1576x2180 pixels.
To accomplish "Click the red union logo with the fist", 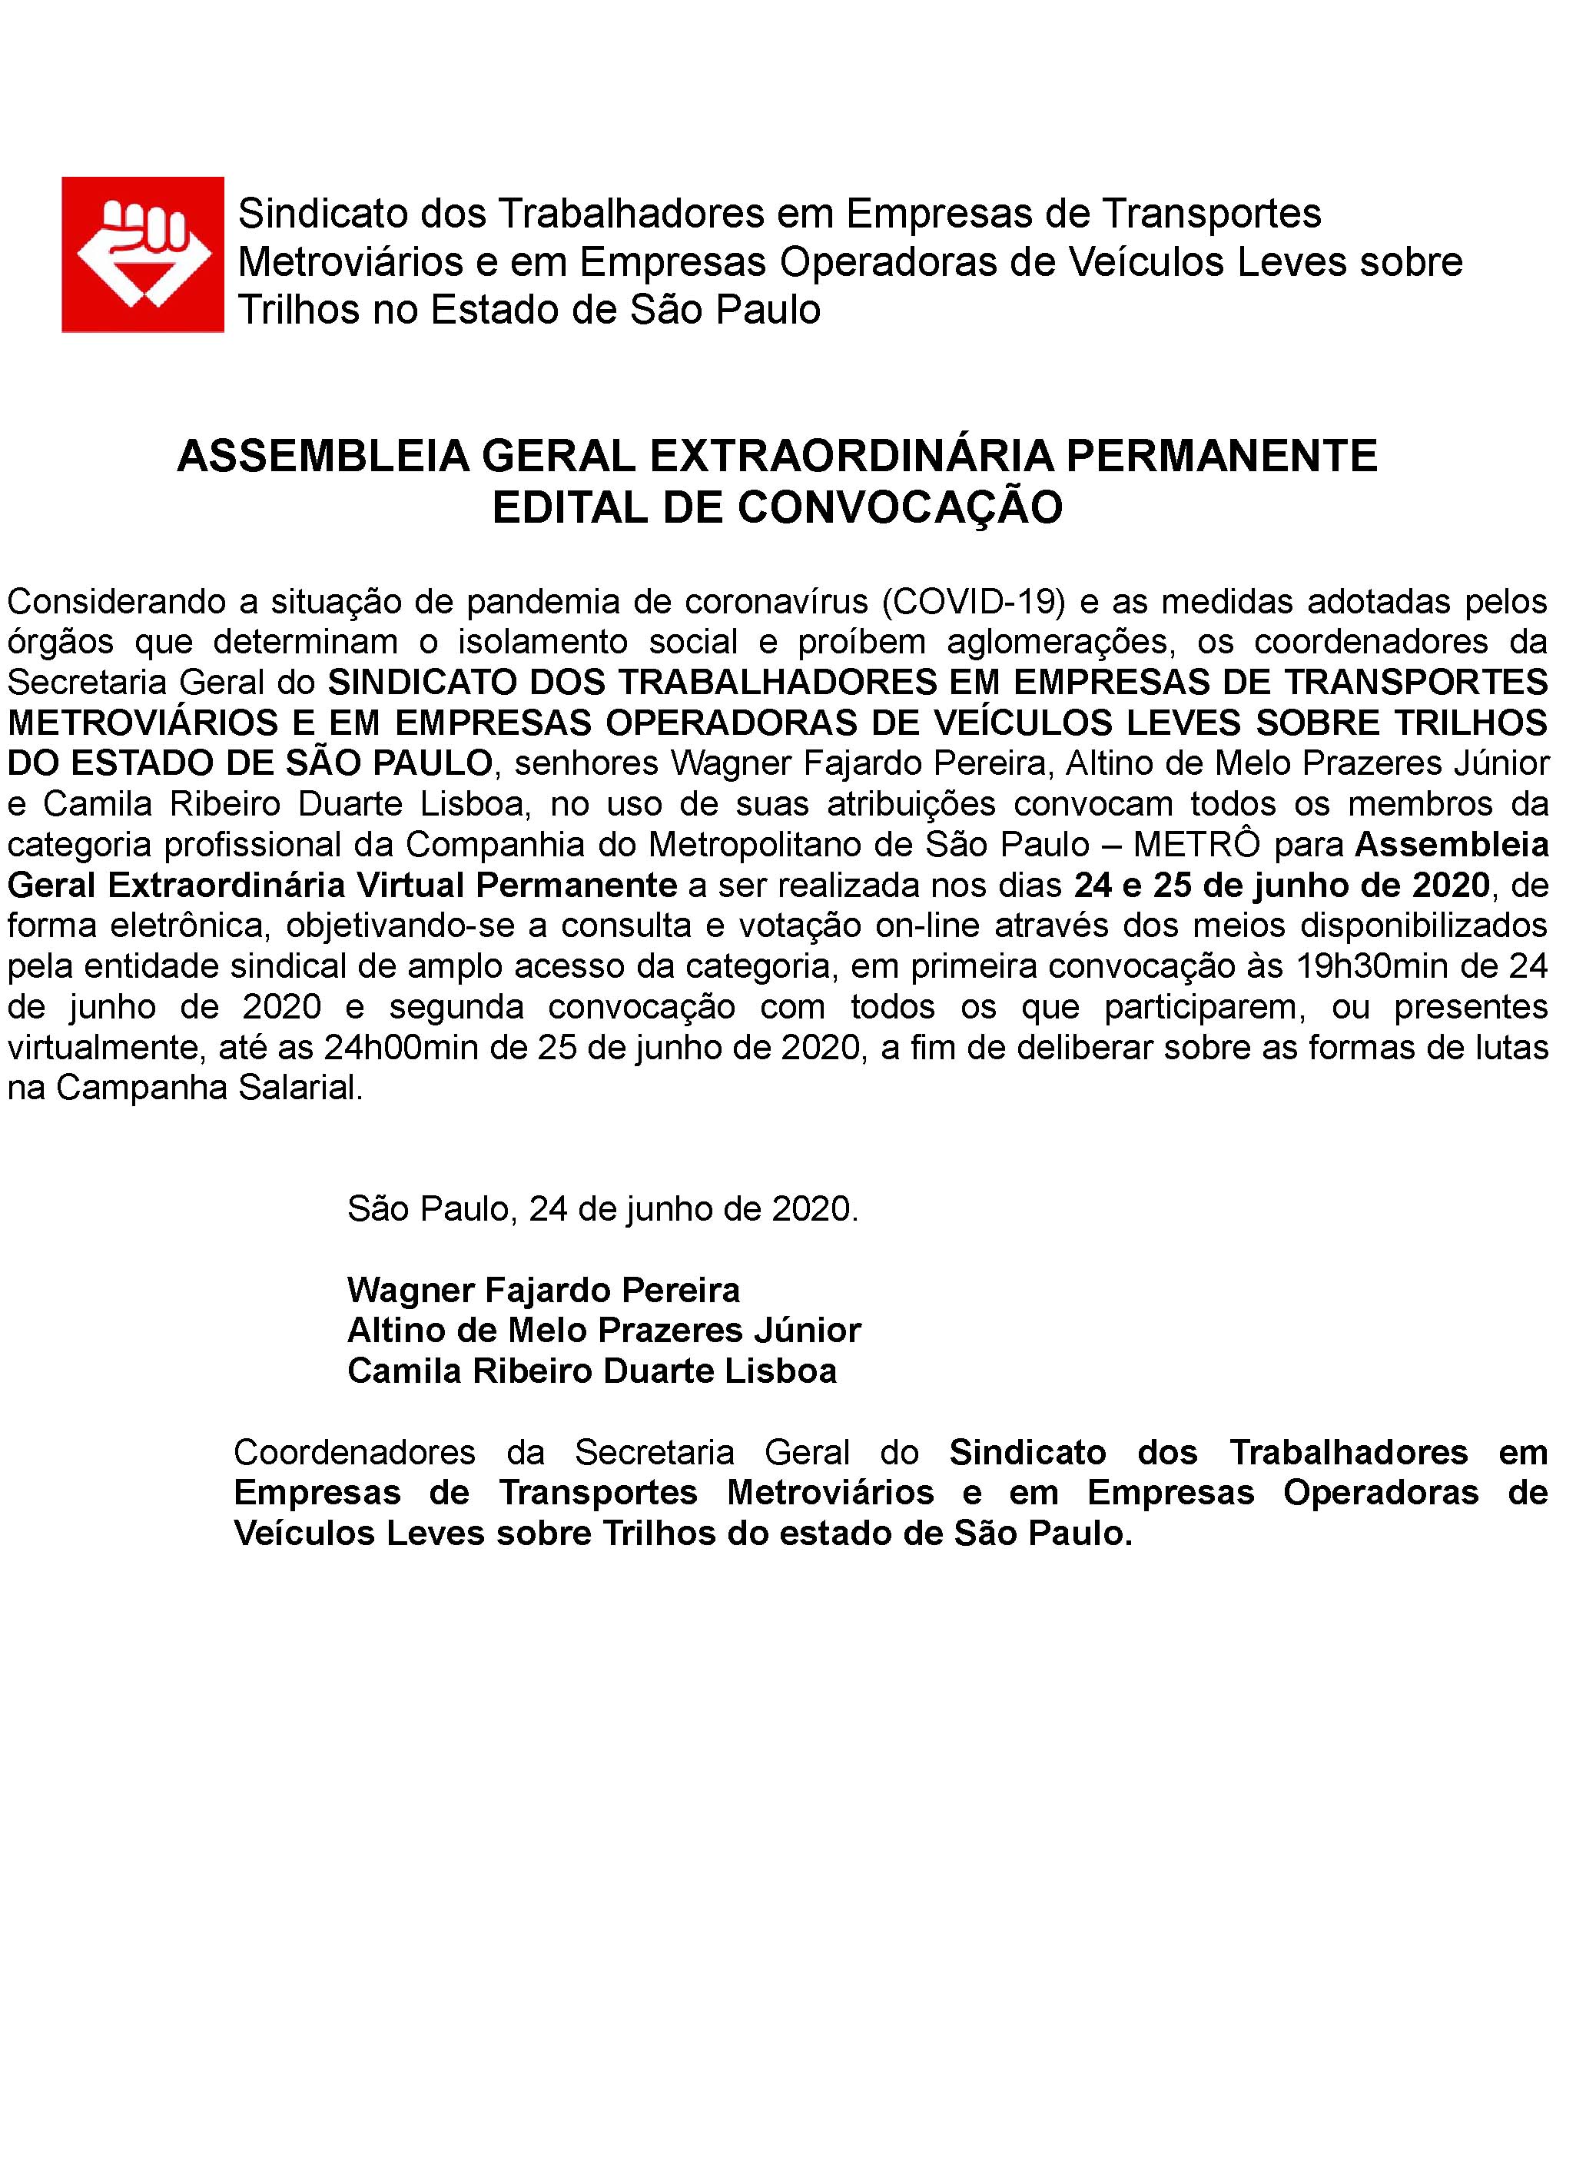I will pos(142,254).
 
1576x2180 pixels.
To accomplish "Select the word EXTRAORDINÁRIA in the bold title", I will pos(851,456).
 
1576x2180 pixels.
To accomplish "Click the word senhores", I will pos(586,764).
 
